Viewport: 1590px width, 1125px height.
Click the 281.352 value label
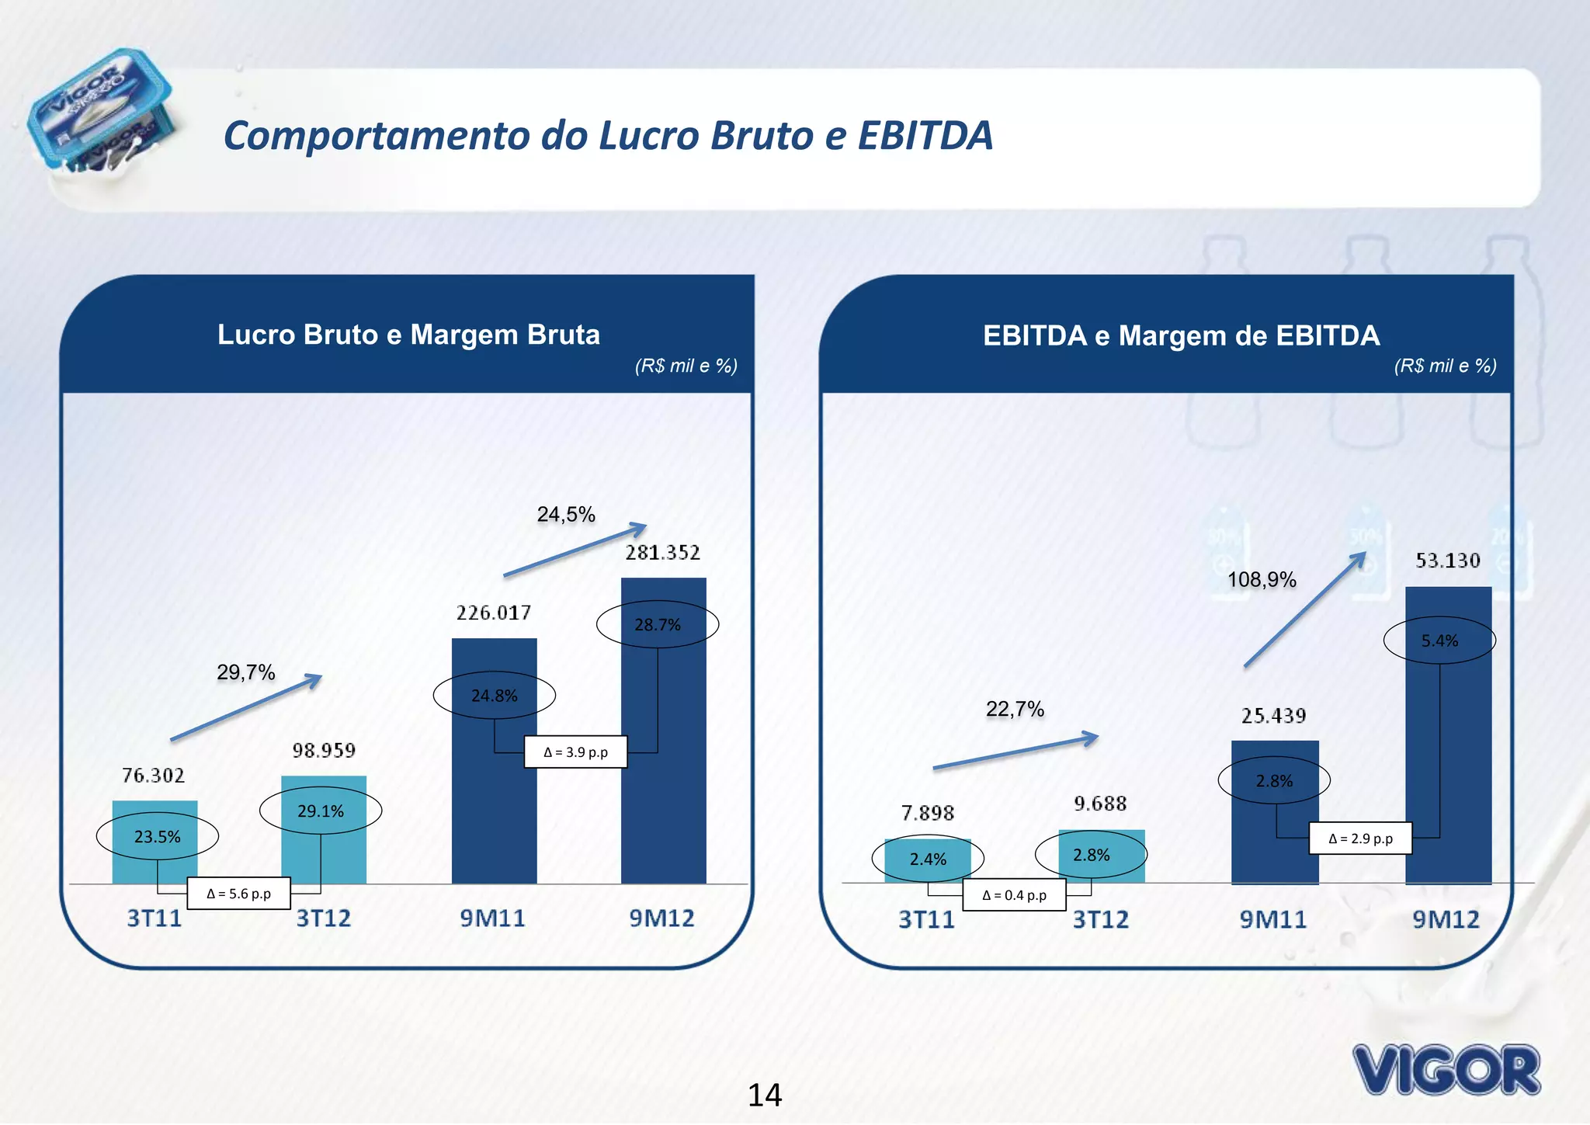[x=662, y=553]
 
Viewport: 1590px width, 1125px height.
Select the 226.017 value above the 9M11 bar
[x=494, y=613]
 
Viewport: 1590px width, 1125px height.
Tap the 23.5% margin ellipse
[x=158, y=836]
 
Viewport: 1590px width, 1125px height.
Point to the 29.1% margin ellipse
[x=321, y=811]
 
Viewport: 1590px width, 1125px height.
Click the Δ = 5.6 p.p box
[x=239, y=894]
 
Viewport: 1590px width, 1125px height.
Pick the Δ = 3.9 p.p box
[x=575, y=752]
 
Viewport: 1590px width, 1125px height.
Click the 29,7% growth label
[x=246, y=672]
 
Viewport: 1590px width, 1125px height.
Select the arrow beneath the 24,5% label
[x=575, y=551]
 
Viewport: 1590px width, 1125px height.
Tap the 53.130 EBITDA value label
[x=1447, y=561]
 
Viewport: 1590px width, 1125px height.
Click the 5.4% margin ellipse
[x=1439, y=641]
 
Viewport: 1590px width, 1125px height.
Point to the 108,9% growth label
[x=1262, y=580]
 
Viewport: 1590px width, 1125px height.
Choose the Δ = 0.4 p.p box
[x=1014, y=895]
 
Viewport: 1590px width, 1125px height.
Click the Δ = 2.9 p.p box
[x=1360, y=839]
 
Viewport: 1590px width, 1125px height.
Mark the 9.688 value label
[x=1099, y=804]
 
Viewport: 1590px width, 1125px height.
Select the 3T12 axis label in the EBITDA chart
[x=1100, y=920]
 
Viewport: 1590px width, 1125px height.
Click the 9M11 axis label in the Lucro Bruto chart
[x=492, y=918]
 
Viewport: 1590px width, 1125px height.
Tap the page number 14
[x=765, y=1095]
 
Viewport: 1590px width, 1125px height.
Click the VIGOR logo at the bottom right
[x=1446, y=1070]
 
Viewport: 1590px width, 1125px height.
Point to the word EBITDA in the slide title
[x=925, y=136]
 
